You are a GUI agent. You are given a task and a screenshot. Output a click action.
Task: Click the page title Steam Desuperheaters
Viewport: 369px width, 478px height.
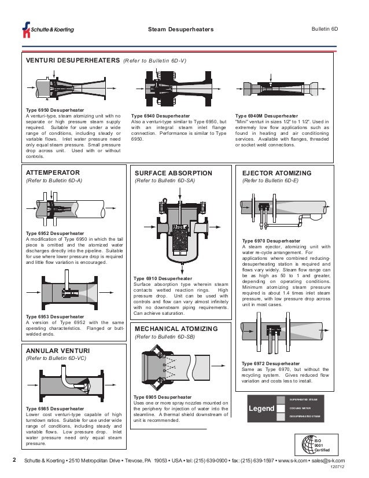(x=181, y=30)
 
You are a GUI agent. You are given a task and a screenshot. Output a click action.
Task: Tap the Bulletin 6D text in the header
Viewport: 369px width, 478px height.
(x=324, y=28)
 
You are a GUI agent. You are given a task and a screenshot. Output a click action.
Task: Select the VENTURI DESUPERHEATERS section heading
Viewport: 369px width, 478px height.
(x=70, y=60)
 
